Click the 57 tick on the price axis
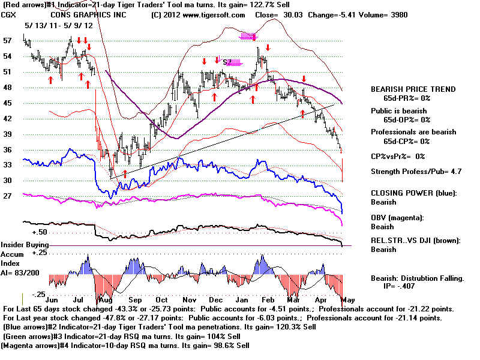click(x=8, y=41)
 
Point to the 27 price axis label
click(x=8, y=196)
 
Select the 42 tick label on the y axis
click(x=8, y=118)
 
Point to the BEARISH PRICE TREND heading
click(x=413, y=89)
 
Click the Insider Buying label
click(x=23, y=245)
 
